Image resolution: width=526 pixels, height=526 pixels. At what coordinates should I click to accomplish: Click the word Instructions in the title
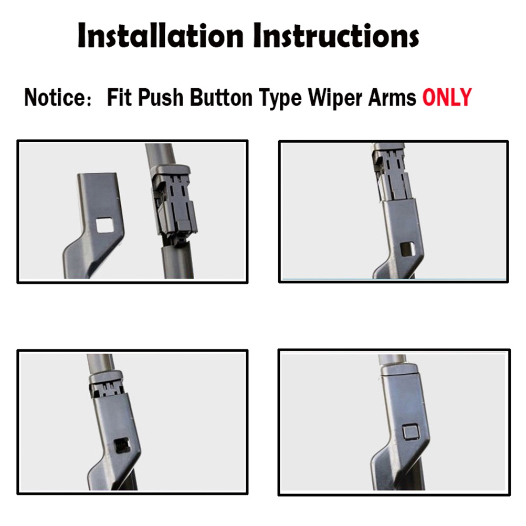pos(340,36)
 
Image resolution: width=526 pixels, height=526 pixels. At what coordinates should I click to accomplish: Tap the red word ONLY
pos(447,98)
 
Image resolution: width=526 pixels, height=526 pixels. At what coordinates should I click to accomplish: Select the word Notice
pos(55,98)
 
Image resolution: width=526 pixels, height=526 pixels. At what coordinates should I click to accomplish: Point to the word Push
pos(161,98)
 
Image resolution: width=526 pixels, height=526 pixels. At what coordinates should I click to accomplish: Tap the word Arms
pos(392,98)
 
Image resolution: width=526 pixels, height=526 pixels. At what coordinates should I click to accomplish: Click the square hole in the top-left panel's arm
pos(104,225)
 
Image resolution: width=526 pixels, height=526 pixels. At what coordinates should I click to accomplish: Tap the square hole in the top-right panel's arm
pos(407,248)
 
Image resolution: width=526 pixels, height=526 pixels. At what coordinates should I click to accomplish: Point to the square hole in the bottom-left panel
pos(122,446)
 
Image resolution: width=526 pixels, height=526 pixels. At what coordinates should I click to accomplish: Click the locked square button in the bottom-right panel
pos(411,432)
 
